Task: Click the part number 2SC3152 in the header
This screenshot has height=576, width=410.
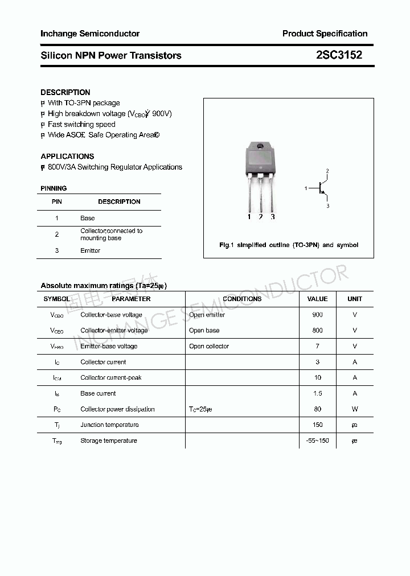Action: coord(339,55)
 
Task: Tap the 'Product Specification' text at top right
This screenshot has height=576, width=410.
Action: coord(325,34)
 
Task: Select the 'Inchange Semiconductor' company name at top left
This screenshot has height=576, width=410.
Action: coord(90,34)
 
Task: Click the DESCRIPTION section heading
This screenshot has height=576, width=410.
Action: coord(65,92)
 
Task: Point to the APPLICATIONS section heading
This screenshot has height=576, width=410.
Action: coord(67,156)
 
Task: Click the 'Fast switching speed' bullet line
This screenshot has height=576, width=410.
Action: coord(81,124)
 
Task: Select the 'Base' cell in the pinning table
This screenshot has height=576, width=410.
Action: coord(88,218)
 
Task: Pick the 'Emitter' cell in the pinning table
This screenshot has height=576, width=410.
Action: coord(91,250)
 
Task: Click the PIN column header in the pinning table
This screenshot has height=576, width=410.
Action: coord(57,201)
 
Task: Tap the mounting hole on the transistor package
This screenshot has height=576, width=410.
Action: coord(260,146)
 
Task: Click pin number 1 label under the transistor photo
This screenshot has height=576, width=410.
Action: coord(249,216)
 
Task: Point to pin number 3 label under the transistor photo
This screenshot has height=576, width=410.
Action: coord(273,216)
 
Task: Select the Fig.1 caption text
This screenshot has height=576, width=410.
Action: coord(289,245)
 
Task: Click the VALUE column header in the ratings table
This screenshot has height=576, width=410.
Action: coord(317,299)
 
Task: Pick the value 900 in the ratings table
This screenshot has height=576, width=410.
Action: coord(317,315)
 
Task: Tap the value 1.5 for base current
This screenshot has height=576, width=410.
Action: coord(317,393)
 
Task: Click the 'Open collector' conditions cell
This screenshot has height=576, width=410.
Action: coord(209,346)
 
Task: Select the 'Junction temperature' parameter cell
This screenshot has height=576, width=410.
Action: coord(109,425)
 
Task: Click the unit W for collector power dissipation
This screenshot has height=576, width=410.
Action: coord(355,409)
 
